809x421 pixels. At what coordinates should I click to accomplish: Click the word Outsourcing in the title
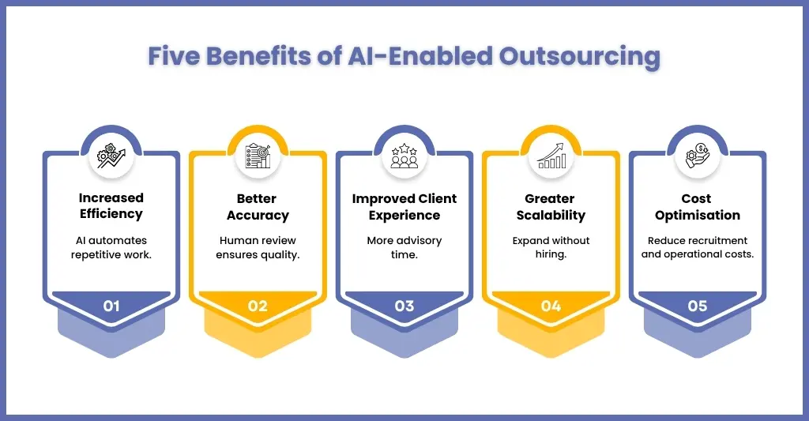click(x=579, y=56)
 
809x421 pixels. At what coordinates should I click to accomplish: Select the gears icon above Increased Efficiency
click(x=111, y=156)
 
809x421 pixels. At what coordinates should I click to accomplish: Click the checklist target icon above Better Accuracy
click(x=258, y=156)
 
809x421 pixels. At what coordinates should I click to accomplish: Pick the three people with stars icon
click(x=404, y=156)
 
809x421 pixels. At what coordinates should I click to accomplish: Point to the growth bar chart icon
click(x=551, y=156)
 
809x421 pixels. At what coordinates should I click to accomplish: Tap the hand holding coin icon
click(x=698, y=156)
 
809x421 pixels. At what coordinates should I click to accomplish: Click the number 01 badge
click(x=111, y=306)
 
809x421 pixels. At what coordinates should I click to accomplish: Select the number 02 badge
click(x=258, y=306)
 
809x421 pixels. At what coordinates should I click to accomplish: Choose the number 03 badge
click(x=404, y=306)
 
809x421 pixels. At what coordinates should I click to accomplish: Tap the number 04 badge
click(x=551, y=306)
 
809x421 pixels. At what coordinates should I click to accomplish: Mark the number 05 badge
click(x=698, y=306)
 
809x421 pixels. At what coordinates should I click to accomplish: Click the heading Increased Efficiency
click(x=111, y=206)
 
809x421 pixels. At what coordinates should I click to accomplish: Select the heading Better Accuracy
click(x=258, y=207)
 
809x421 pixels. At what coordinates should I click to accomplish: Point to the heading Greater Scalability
click(x=551, y=207)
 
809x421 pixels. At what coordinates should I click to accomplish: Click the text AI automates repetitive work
click(x=111, y=248)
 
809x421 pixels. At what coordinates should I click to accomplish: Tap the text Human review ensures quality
click(x=258, y=248)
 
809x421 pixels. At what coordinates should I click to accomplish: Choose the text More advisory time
click(x=404, y=248)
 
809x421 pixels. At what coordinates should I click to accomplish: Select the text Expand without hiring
click(x=551, y=248)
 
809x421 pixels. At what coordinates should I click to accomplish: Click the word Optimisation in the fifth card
click(x=698, y=215)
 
